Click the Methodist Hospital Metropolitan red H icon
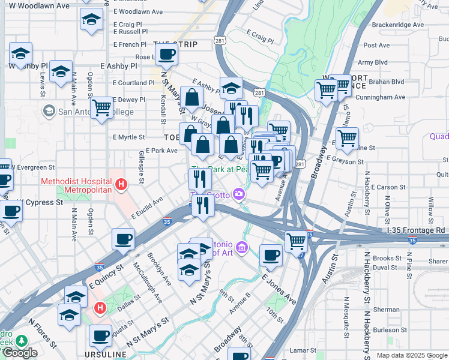[x=121, y=184]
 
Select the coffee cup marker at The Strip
[x=167, y=55]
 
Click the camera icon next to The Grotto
[x=240, y=193]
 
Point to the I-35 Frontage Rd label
[x=416, y=230]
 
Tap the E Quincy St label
[x=105, y=276]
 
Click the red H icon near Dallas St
[x=100, y=308]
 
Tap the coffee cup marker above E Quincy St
[x=123, y=239]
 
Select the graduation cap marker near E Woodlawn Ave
[x=91, y=20]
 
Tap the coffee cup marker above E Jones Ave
[x=271, y=254]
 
